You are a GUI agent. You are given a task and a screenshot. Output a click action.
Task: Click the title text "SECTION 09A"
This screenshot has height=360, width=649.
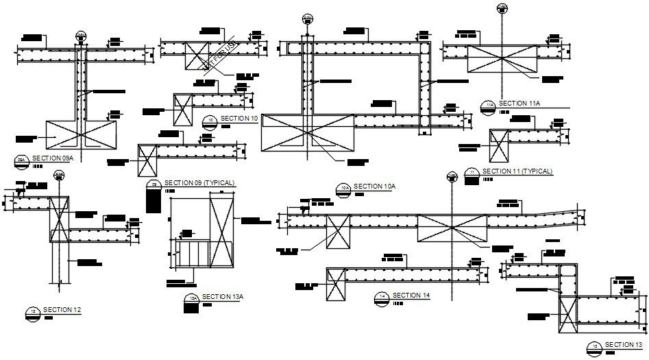coord(52,158)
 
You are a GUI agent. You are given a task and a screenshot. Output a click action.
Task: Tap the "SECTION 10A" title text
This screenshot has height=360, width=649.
coord(376,186)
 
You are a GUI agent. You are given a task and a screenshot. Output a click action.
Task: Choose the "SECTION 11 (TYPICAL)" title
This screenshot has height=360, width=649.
coord(517,171)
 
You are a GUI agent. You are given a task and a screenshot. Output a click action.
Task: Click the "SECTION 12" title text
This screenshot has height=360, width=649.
coord(62,310)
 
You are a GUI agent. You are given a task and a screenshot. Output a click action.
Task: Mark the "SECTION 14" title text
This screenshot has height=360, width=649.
coord(412,295)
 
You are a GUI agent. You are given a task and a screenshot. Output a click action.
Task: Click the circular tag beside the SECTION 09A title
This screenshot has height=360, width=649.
coord(21,160)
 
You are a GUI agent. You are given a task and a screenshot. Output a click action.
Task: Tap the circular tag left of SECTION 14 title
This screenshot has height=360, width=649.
coord(382,297)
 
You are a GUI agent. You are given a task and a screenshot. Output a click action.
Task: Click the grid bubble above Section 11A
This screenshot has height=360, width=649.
coord(502,8)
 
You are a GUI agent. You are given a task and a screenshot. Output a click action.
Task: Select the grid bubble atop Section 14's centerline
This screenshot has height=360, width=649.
coord(451,178)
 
